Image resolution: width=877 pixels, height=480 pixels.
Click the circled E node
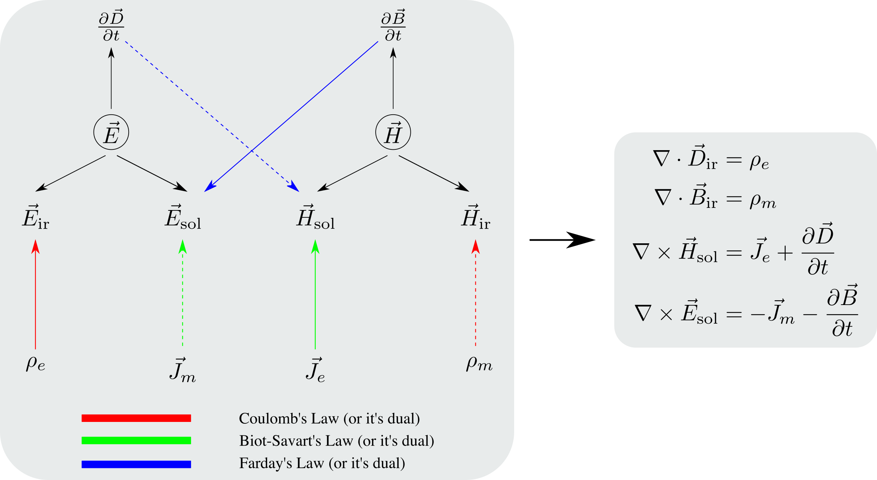coord(111,133)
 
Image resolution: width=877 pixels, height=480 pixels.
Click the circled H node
coord(393,133)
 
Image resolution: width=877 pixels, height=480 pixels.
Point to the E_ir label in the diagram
coord(35,217)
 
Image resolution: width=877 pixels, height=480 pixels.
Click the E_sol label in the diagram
coord(183,217)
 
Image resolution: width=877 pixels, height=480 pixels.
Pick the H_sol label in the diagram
coord(315,217)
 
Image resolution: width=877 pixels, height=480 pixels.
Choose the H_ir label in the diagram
coord(475,217)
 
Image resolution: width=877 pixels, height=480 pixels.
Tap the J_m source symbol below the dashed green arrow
coord(183,370)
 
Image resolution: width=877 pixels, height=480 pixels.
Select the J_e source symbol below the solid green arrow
coord(315,370)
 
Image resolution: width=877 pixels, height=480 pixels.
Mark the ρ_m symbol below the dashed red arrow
coord(479,363)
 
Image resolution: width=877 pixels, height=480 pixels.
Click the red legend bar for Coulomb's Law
coord(136,418)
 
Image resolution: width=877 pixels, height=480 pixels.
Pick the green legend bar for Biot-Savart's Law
coord(136,441)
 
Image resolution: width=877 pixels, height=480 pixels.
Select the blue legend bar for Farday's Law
coord(136,464)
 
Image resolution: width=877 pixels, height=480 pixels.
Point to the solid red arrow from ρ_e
coord(35,296)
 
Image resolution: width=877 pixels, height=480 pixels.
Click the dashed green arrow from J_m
coord(183,296)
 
